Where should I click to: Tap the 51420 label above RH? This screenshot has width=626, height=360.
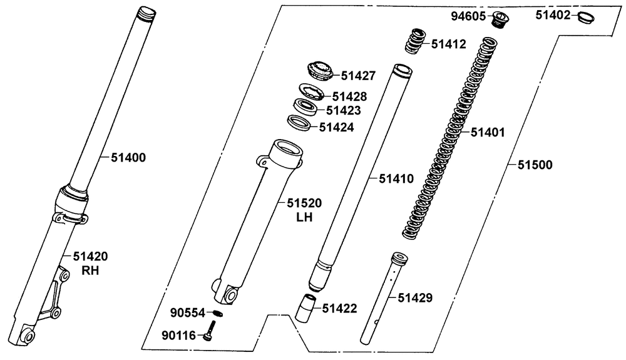(91, 256)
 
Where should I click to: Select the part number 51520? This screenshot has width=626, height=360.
(304, 203)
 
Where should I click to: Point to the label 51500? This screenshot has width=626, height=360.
(535, 165)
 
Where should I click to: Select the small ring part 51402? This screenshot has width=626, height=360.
(586, 17)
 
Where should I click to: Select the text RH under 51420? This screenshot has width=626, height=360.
(90, 271)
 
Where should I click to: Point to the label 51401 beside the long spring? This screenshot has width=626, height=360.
(488, 133)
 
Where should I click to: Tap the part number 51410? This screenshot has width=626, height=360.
(396, 179)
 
